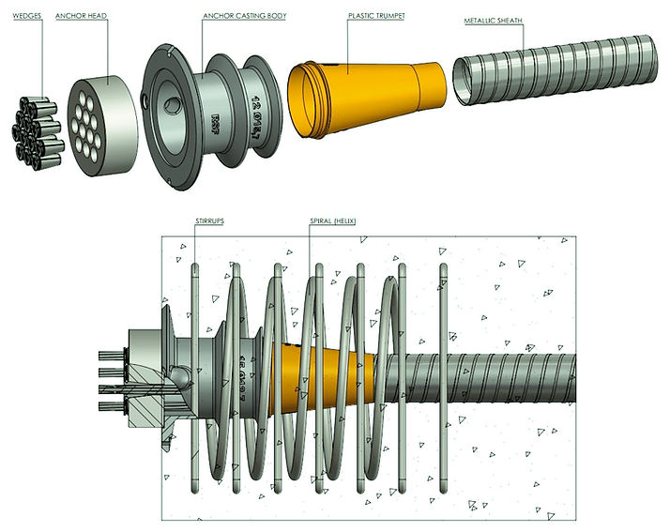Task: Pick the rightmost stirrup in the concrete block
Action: point(444,375)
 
